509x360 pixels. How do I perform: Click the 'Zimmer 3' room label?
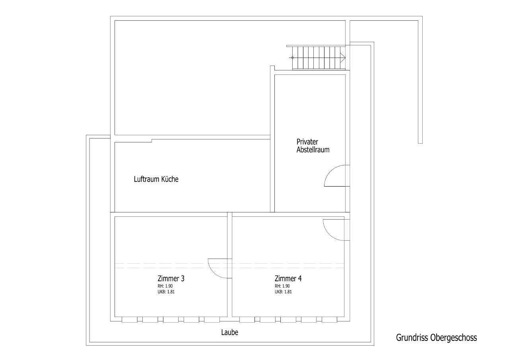171,278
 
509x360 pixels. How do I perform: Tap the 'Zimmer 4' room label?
288,278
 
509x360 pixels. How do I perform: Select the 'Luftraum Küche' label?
156,179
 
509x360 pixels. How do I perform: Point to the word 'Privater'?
307,142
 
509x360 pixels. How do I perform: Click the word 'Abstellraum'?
313,150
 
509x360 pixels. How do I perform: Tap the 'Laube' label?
230,332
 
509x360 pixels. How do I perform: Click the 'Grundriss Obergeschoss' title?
437,338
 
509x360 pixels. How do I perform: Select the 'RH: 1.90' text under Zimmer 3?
165,286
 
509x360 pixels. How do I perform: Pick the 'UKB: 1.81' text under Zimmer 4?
283,292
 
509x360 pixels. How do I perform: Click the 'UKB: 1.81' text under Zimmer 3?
166,292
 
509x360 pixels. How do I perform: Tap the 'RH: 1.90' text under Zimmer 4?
282,286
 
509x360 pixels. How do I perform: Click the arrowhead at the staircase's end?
343,58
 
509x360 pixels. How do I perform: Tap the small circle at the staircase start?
292,58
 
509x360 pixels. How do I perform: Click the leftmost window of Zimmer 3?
130,319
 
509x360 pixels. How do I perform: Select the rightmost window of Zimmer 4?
330,319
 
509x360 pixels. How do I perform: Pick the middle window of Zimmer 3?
171,319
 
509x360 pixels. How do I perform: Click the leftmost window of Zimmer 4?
247,319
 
